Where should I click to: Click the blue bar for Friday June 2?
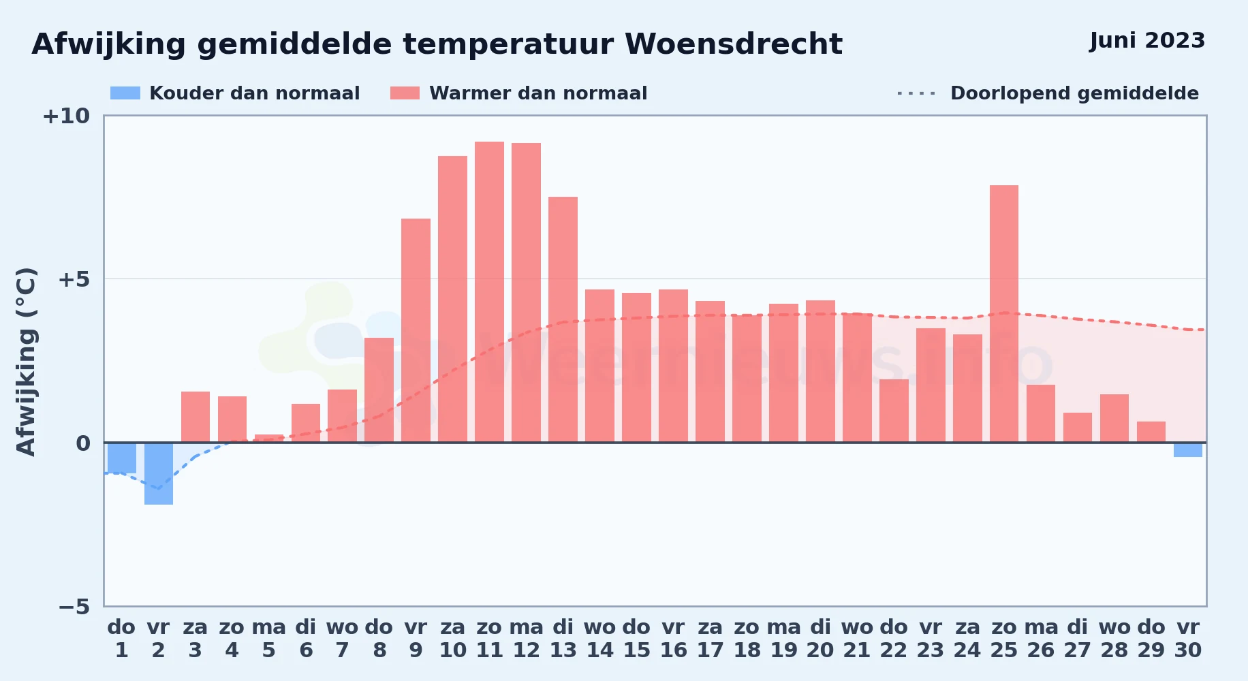click(159, 473)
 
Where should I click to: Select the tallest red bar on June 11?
click(489, 292)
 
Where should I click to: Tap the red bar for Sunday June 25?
click(1004, 314)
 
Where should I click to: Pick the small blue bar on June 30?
click(1188, 449)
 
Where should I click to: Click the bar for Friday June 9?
click(416, 330)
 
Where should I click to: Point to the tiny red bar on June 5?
click(269, 439)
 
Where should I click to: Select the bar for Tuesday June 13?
click(563, 319)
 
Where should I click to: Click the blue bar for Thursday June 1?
click(122, 458)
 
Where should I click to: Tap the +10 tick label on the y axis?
click(66, 116)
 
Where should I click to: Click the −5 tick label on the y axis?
click(74, 607)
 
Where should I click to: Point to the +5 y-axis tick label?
click(74, 279)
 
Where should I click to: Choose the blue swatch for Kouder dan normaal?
click(125, 93)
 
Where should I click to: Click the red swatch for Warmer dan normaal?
click(405, 93)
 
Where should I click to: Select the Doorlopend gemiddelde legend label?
click(1074, 93)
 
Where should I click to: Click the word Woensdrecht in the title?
click(734, 44)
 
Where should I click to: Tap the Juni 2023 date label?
click(1147, 41)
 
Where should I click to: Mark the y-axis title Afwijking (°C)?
click(27, 362)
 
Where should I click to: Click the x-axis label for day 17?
click(710, 639)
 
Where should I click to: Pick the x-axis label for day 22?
click(894, 639)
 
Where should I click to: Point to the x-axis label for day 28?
click(1114, 639)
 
